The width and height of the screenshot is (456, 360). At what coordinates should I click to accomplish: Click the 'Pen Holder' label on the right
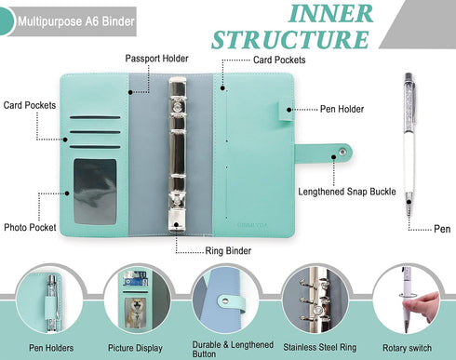(327, 109)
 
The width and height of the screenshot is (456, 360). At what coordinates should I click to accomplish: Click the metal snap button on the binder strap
(343, 148)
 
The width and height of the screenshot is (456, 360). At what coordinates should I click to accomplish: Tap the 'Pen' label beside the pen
(443, 228)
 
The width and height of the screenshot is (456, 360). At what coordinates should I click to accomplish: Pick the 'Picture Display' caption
(137, 347)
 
